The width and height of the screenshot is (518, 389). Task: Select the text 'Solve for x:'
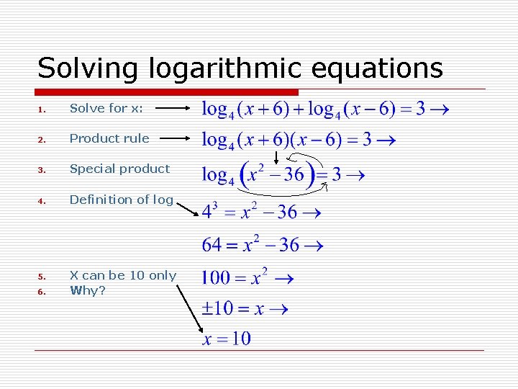[106, 108]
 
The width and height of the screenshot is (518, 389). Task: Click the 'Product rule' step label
[109, 138]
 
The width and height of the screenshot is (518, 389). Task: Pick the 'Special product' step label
[119, 169]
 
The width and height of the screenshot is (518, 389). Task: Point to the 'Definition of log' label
[121, 200]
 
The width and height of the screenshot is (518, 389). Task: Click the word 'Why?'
[88, 290]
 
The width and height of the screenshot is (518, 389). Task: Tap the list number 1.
[42, 109]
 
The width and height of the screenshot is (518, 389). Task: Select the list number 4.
[42, 200]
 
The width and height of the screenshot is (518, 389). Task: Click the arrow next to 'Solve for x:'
[173, 109]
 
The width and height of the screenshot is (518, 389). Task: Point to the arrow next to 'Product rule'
[173, 138]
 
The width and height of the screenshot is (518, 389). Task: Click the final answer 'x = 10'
[227, 338]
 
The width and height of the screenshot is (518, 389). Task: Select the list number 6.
[42, 291]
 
